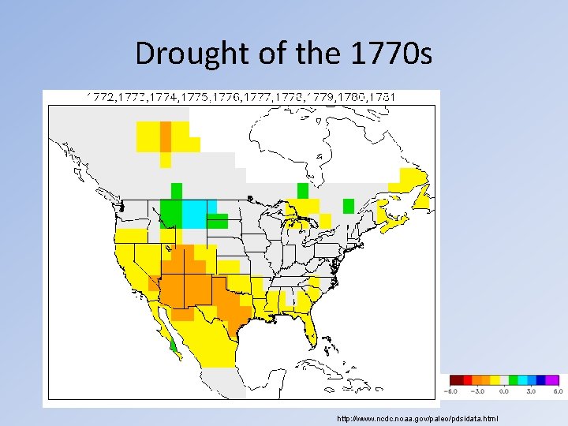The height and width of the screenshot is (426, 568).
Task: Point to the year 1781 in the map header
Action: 381,97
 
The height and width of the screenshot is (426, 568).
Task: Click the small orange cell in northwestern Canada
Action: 166,136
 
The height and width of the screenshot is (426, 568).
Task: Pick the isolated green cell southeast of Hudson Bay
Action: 349,206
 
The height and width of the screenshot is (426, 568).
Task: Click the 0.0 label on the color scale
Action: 505,390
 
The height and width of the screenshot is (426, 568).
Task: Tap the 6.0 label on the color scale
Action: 555,390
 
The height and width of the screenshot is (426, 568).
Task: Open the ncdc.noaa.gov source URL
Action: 417,417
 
